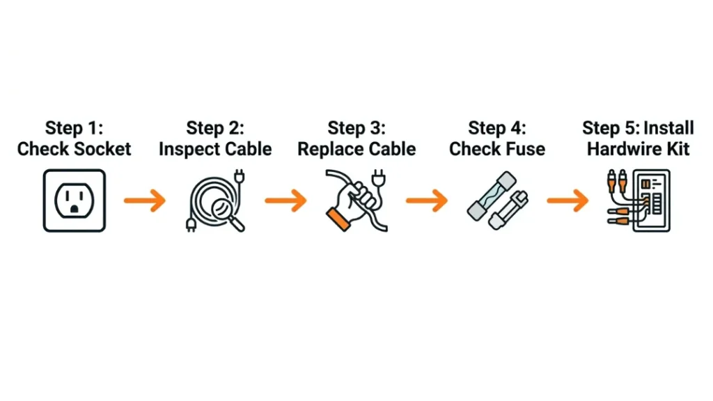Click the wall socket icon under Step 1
(x=75, y=200)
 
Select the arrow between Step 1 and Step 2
(x=145, y=200)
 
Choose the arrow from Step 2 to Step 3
(x=285, y=200)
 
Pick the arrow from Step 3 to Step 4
(x=427, y=200)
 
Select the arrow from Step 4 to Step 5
(x=567, y=200)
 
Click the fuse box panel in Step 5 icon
(x=652, y=200)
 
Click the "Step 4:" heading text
(x=497, y=128)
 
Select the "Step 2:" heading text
(x=215, y=128)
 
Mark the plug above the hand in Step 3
(x=379, y=178)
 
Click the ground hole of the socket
(x=75, y=210)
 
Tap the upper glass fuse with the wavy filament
(x=492, y=196)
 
